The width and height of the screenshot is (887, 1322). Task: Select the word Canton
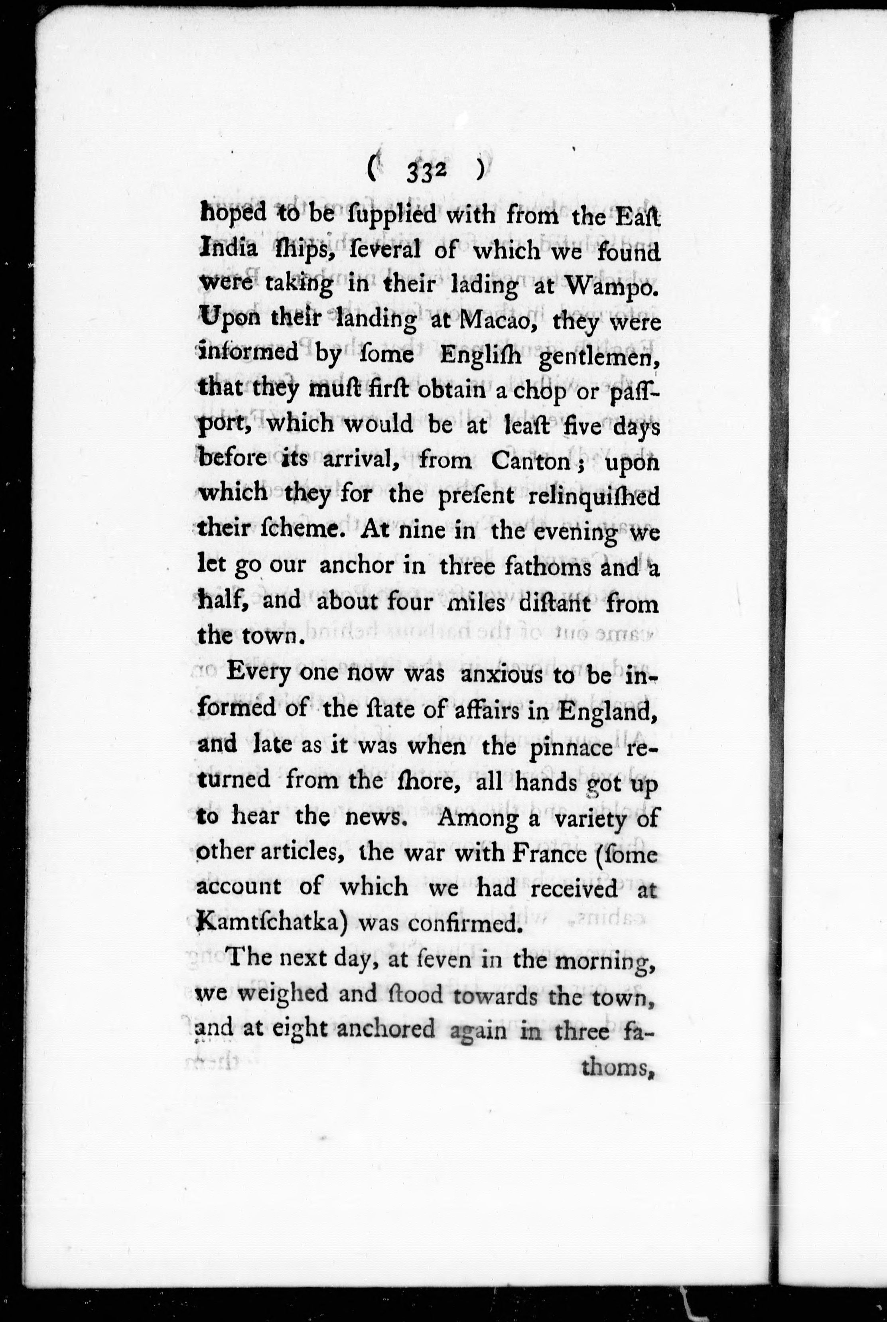[x=530, y=461]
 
